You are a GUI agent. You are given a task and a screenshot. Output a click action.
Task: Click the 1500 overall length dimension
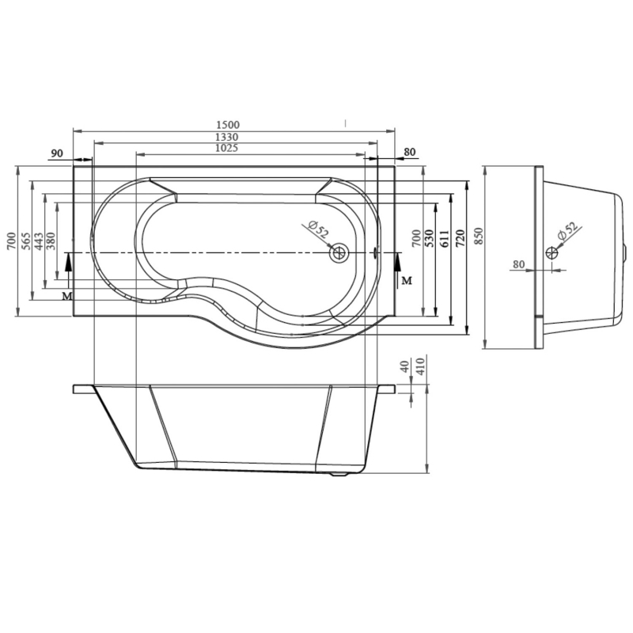point(228,125)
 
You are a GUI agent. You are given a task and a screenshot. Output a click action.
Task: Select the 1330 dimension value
point(227,137)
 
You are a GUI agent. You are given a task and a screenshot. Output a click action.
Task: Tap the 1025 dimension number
point(227,148)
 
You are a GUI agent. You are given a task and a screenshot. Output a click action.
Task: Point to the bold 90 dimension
point(57,154)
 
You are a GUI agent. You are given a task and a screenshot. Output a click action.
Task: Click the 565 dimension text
point(26,241)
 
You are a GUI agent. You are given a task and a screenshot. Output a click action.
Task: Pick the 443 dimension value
point(39,241)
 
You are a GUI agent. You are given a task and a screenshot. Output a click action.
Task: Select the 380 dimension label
point(51,241)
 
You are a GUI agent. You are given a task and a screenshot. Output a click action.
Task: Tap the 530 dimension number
point(429,239)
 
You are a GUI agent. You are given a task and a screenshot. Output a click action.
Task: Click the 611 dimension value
point(444,239)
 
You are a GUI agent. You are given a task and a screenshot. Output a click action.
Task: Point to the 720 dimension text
point(461,239)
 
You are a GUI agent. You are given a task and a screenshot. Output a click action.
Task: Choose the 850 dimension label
point(478,237)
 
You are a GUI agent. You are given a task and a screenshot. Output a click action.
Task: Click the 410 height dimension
point(420,366)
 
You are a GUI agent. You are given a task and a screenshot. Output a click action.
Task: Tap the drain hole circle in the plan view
point(339,253)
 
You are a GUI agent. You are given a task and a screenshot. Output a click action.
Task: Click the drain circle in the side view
point(552,253)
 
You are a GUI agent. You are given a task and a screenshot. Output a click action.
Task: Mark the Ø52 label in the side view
point(567,232)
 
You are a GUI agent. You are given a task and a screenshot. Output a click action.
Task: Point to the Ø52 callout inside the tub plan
point(318,229)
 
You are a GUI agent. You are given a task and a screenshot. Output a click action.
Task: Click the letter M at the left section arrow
point(67,296)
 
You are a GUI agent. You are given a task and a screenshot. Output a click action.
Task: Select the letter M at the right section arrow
point(407,280)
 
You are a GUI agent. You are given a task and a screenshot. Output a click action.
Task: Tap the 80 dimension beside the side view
point(519,264)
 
